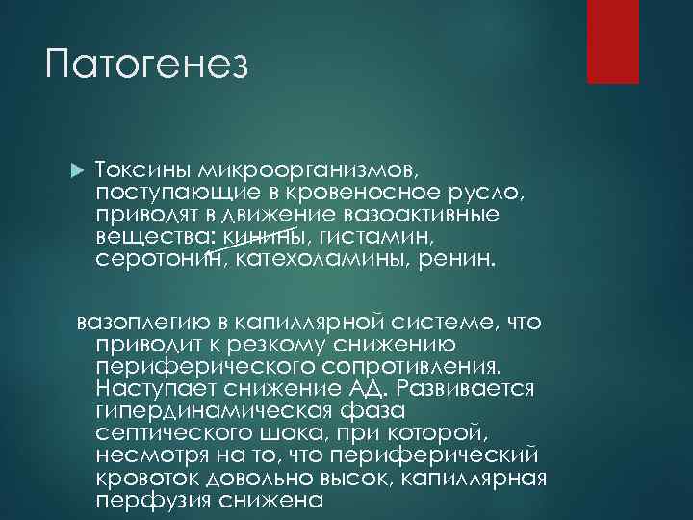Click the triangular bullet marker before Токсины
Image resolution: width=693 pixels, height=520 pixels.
78,169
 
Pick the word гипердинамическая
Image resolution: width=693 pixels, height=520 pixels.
232,410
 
